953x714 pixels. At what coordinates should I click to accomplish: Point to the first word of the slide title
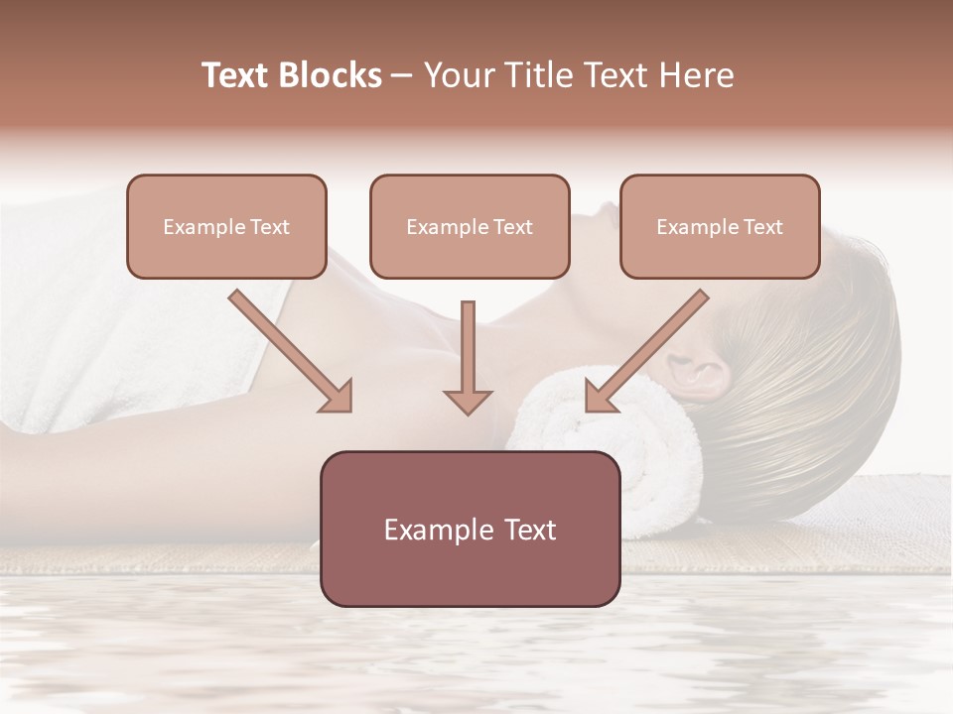tap(238, 75)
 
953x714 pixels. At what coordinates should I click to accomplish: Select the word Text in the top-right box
tap(762, 226)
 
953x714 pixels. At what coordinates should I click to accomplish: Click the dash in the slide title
tap(402, 75)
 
